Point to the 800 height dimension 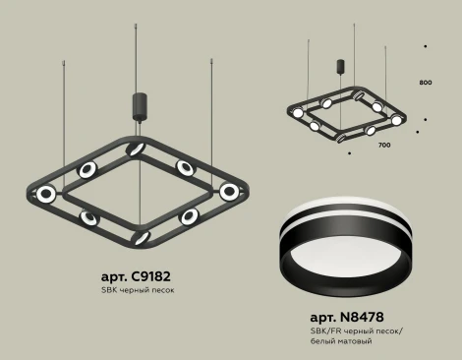click(425, 83)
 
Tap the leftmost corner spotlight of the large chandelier click(44, 194)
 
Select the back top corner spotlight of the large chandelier click(140, 147)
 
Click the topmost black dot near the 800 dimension click(425, 44)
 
